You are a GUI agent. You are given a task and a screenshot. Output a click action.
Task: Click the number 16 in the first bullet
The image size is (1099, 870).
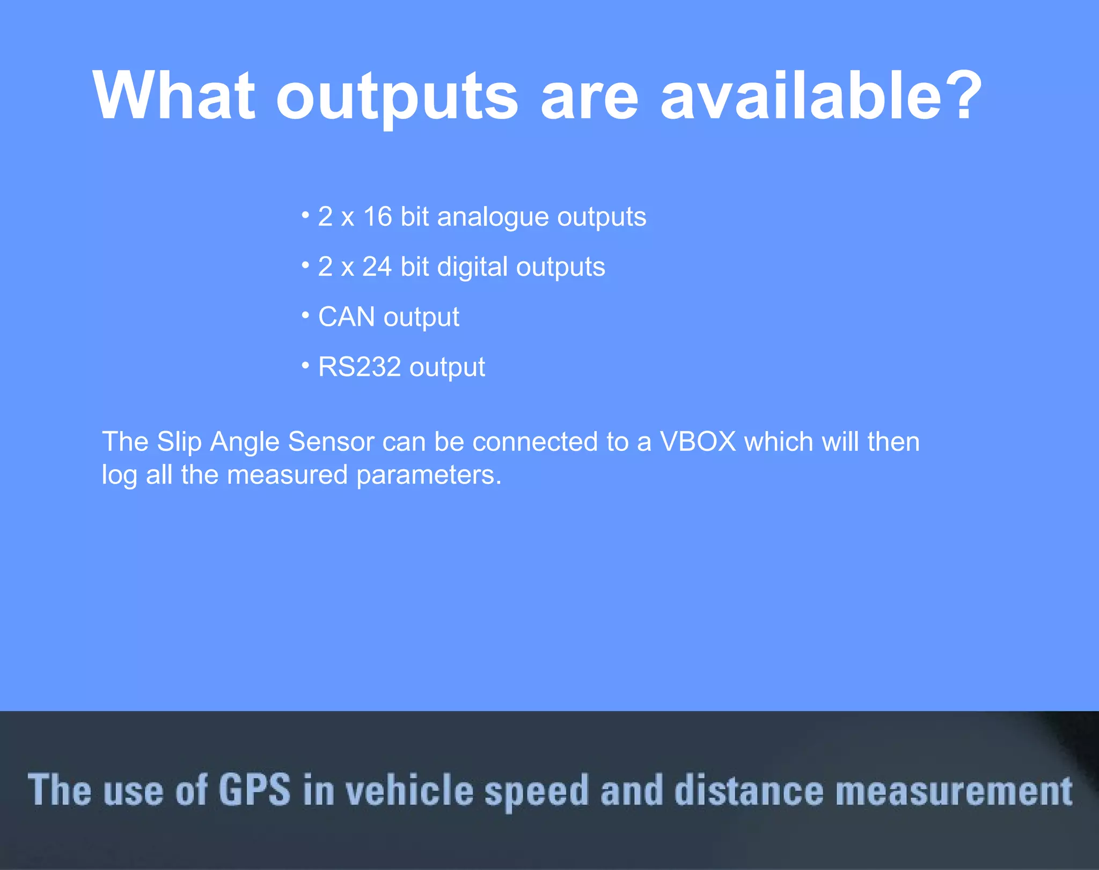point(378,217)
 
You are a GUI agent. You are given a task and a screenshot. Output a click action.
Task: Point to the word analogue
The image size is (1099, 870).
point(493,218)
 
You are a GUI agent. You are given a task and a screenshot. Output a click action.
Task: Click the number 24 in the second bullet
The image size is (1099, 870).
point(377,267)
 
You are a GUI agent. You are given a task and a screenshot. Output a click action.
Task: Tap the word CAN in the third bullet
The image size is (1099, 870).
point(346,317)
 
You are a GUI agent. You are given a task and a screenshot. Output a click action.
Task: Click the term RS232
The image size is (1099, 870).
point(360,367)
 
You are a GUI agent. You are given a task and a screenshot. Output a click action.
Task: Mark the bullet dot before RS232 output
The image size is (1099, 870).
point(305,366)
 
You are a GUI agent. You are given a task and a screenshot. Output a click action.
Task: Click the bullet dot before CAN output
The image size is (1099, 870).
point(305,316)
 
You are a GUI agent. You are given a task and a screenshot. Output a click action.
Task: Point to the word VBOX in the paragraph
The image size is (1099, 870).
point(698,442)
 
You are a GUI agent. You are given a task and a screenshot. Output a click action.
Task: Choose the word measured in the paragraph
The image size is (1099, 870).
point(287,475)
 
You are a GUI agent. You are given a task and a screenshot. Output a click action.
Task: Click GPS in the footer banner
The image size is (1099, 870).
point(254,789)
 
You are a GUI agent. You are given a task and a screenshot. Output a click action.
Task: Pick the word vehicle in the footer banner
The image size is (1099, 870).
point(409,791)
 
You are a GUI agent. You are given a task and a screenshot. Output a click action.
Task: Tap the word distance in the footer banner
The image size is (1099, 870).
point(748,791)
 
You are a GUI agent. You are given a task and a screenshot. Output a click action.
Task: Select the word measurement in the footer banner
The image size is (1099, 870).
point(954,791)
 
